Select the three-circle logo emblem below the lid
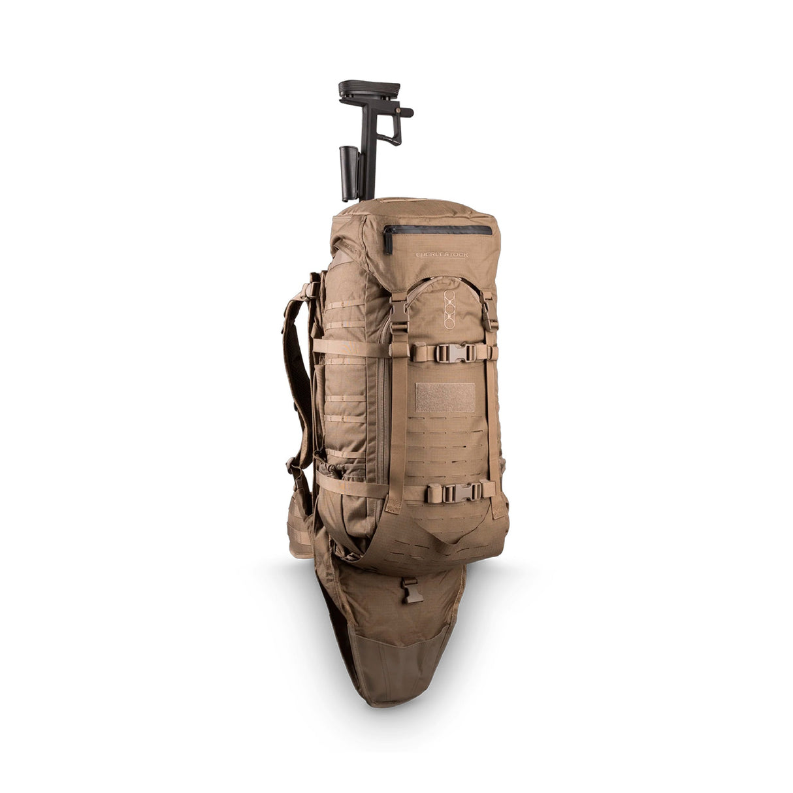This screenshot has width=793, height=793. [449, 308]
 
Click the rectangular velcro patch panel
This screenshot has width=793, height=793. [445, 397]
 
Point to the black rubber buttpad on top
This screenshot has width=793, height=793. [369, 89]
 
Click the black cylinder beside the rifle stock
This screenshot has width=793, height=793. [348, 173]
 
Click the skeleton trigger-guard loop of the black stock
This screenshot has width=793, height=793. [392, 131]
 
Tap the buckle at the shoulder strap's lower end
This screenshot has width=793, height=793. [294, 467]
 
